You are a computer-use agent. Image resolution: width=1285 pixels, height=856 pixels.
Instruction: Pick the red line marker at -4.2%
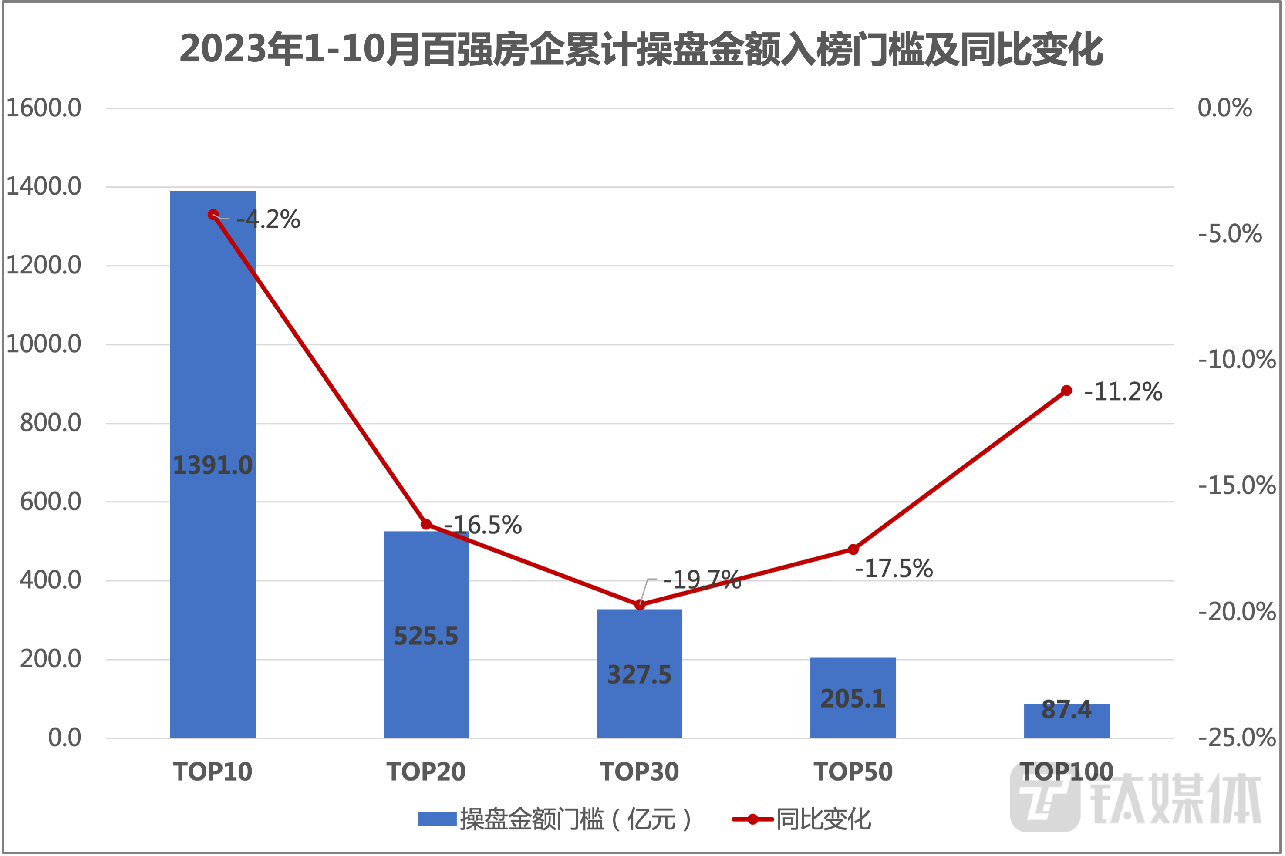[x=213, y=215]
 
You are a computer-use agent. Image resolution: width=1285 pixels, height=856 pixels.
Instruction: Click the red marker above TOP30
[x=640, y=605]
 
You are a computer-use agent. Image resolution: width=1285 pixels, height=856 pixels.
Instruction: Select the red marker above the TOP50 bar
[x=853, y=549]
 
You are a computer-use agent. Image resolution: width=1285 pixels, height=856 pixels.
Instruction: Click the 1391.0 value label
[x=212, y=465]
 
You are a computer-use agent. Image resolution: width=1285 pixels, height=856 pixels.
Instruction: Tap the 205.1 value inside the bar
[x=853, y=699]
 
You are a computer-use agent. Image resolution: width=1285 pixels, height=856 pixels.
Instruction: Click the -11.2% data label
[x=1123, y=391]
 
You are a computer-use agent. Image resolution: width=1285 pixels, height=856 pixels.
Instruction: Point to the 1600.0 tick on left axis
[x=44, y=108]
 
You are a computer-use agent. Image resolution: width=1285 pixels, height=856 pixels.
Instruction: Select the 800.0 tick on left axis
[x=50, y=423]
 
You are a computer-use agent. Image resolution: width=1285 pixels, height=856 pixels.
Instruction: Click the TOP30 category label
[x=640, y=772]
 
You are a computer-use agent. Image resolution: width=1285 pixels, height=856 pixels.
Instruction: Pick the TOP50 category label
[x=853, y=772]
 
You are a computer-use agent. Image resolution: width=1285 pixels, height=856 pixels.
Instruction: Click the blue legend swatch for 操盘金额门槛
[x=437, y=819]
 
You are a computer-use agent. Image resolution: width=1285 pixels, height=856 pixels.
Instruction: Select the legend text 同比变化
[x=824, y=819]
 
